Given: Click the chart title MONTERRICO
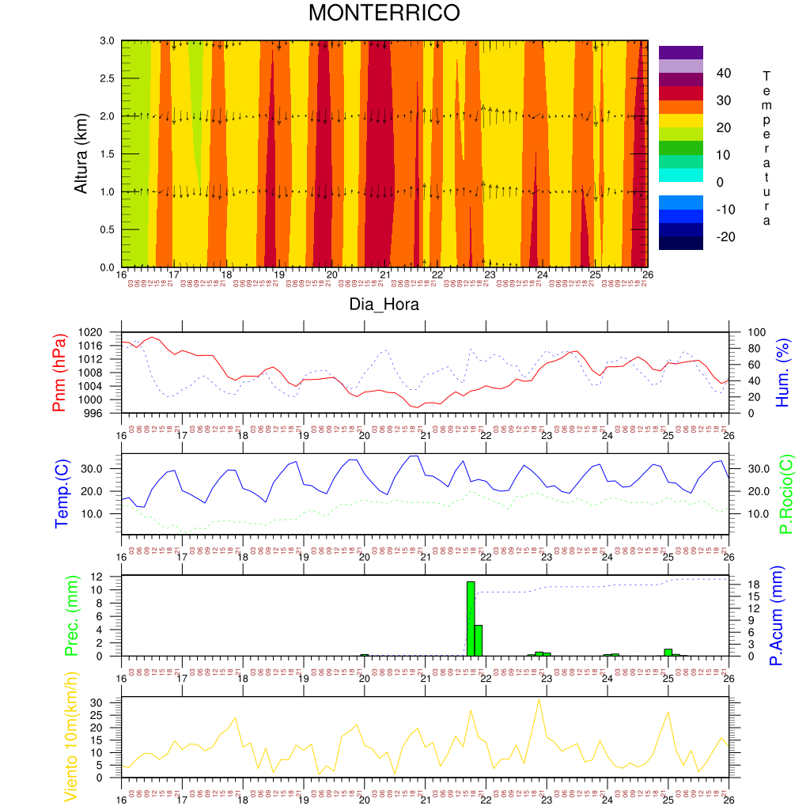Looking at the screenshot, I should [384, 13].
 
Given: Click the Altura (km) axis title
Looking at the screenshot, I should [81, 153].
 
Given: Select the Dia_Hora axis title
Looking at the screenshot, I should [384, 304].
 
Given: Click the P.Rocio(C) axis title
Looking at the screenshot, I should [785, 494].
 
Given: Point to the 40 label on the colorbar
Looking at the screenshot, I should [723, 74].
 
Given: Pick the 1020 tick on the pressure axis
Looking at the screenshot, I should [104, 333].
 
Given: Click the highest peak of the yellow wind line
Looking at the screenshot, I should [539, 699].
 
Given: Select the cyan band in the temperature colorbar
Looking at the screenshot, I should [680, 175].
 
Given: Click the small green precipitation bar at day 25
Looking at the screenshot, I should [668, 652].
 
